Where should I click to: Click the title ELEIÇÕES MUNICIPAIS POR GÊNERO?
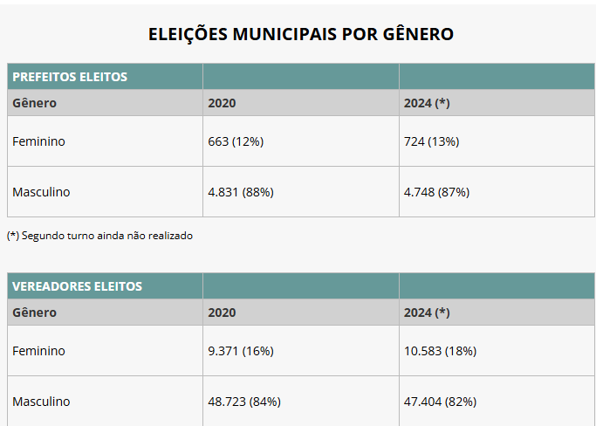click(x=300, y=34)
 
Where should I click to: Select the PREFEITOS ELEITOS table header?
click(x=70, y=77)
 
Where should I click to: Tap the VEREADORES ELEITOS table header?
click(x=77, y=286)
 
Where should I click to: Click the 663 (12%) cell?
click(x=236, y=141)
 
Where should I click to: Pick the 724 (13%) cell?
click(x=431, y=141)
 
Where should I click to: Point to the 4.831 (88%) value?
click(x=241, y=192)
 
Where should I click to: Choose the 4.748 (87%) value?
click(x=436, y=192)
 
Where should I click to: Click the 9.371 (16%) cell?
click(x=241, y=351)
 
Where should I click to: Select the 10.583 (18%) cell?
click(x=440, y=351)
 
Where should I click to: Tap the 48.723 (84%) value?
click(x=244, y=402)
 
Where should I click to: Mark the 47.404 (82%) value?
click(x=440, y=402)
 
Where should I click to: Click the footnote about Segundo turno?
click(x=99, y=236)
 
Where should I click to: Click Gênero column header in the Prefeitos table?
click(x=34, y=103)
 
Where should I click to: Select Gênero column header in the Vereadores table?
click(x=34, y=313)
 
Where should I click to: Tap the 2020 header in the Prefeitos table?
click(x=222, y=103)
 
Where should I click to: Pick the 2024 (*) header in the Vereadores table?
click(x=427, y=313)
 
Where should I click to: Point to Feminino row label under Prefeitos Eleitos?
click(x=38, y=141)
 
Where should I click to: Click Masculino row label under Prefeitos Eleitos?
click(x=41, y=192)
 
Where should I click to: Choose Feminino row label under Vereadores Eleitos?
click(x=38, y=351)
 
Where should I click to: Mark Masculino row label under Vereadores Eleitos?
click(x=41, y=402)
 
